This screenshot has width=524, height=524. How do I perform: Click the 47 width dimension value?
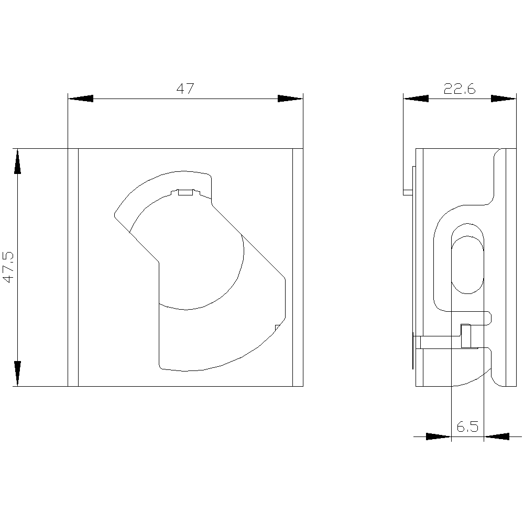pyautogui.click(x=185, y=89)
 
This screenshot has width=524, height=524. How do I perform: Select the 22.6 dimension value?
pyautogui.click(x=460, y=89)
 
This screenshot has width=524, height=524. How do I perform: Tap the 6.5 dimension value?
pyautogui.click(x=467, y=427)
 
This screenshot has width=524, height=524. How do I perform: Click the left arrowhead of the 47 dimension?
pyautogui.click(x=81, y=99)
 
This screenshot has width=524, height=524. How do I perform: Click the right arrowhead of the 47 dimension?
pyautogui.click(x=290, y=99)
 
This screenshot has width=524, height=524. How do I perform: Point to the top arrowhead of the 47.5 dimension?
pyautogui.click(x=17, y=161)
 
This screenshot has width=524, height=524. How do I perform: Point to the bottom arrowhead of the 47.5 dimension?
pyautogui.click(x=17, y=374)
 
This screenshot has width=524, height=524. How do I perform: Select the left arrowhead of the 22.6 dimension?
pyautogui.click(x=416, y=99)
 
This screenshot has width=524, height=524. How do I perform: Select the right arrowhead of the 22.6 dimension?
pyautogui.click(x=503, y=99)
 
